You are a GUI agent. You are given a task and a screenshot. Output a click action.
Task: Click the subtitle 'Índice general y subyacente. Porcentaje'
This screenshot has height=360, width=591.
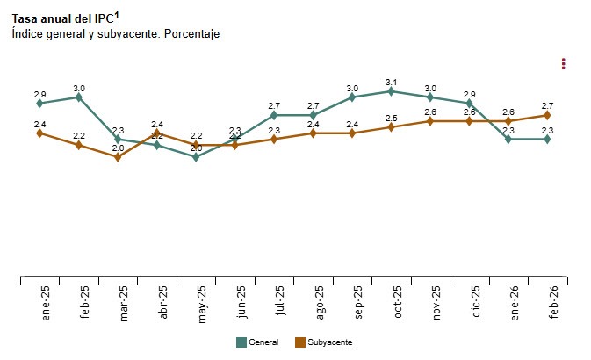pos(115,33)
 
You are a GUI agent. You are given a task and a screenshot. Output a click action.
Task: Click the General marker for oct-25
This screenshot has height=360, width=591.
pos(392,91)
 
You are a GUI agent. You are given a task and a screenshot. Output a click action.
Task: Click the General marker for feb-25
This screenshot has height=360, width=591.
pos(79,97)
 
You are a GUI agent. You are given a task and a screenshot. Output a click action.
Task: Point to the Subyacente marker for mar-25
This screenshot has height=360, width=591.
pos(118,157)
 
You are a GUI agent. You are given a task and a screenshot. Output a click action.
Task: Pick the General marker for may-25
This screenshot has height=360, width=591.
pos(196,157)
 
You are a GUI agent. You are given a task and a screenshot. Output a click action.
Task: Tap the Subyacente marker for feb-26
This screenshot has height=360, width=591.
pos(547,115)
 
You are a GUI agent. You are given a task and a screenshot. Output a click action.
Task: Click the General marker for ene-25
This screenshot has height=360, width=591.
pos(40,104)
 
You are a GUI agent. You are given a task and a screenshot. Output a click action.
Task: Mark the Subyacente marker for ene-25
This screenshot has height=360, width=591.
pos(40,133)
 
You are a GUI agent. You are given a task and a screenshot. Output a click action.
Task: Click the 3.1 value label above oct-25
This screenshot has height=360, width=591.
pos(392,82)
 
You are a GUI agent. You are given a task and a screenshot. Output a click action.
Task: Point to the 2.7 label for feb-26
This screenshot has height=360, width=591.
pos(547,105)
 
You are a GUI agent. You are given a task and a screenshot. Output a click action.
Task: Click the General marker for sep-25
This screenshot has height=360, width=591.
pos(352,97)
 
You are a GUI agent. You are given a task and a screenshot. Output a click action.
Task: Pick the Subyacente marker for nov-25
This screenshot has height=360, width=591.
pos(430,121)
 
